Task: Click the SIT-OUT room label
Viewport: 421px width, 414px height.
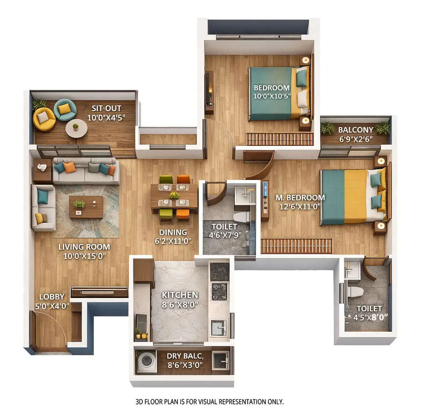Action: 106,108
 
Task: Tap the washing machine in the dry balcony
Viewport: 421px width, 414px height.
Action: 146,361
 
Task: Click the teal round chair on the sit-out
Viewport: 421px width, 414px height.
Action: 65,110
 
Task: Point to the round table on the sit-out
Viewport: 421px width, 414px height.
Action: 76,127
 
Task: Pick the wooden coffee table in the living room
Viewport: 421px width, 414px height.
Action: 86,207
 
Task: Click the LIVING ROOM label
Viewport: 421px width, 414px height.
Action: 84,247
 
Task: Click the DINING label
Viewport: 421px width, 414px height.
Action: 173,232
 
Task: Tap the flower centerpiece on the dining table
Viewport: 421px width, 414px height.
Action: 174,196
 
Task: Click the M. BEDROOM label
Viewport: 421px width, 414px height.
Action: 300,198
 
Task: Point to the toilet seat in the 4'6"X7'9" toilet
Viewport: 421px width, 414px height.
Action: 242,217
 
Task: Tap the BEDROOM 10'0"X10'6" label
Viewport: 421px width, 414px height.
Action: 272,88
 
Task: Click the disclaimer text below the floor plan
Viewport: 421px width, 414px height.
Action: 210,402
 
